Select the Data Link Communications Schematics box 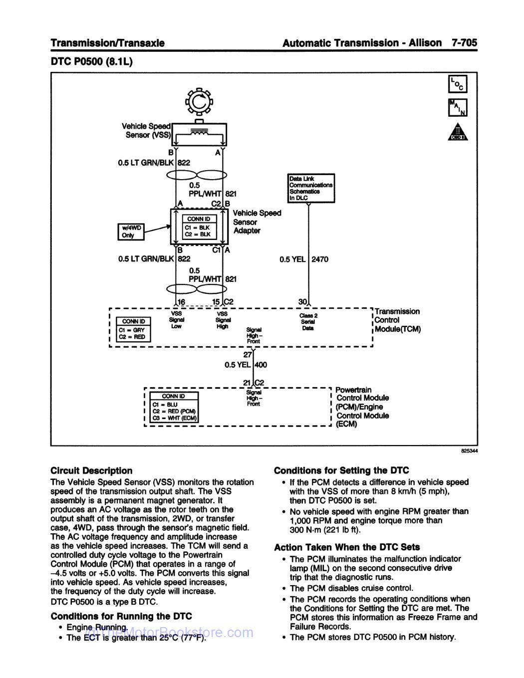311,188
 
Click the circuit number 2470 320,259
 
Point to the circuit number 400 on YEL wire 261,365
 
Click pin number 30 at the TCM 302,302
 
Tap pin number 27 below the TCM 248,355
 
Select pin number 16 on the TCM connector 181,302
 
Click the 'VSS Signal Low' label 177,320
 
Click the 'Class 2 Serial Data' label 308,322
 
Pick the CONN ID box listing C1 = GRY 132,330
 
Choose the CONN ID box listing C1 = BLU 174,407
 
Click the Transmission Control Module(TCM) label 397,320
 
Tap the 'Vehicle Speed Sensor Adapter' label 257,222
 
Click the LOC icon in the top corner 458,85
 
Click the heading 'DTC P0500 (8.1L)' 92,62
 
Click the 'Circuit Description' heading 91,470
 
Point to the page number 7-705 464,43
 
